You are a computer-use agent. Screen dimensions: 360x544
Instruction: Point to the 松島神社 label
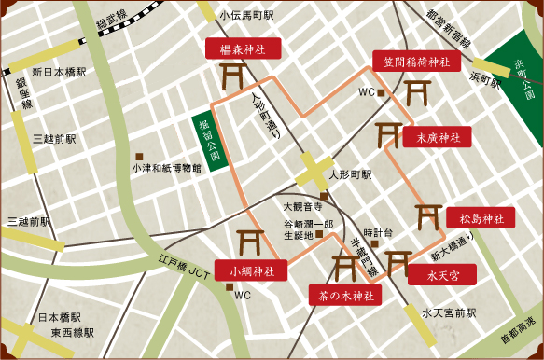pyautogui.click(x=480, y=218)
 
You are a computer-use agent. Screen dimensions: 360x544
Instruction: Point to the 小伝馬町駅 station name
pyautogui.click(x=245, y=16)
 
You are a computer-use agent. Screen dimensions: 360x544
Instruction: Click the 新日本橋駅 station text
pyautogui.click(x=58, y=72)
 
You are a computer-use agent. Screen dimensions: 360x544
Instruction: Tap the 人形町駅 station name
pyautogui.click(x=354, y=174)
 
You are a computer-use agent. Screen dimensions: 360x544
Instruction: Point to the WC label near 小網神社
pyautogui.click(x=243, y=295)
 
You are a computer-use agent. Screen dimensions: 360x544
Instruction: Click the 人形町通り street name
pyautogui.click(x=267, y=117)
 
